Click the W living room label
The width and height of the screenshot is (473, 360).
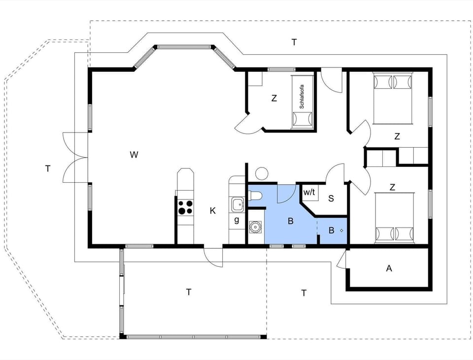click(x=134, y=155)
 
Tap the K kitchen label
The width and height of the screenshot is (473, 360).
click(x=213, y=211)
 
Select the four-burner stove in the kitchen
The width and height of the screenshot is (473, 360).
click(x=185, y=207)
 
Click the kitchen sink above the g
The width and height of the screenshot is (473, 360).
click(x=237, y=203)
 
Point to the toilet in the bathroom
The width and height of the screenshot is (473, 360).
click(x=255, y=196)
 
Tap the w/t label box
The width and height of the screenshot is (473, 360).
click(x=309, y=192)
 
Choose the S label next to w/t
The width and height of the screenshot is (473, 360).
click(x=331, y=198)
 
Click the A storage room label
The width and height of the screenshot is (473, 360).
click(x=389, y=268)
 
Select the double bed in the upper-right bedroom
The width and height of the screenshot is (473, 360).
click(x=392, y=98)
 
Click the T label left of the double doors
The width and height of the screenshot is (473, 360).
click(x=48, y=169)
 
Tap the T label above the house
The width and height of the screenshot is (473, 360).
click(x=294, y=42)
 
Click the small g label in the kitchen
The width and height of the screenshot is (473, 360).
click(x=236, y=220)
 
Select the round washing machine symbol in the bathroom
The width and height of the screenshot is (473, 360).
click(x=255, y=227)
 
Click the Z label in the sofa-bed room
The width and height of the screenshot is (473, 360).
click(x=274, y=98)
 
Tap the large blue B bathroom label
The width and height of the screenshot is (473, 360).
click(x=291, y=221)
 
